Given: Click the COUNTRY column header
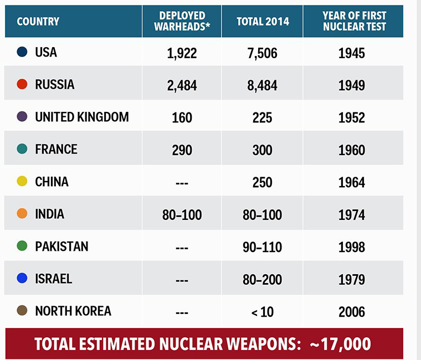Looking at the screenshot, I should [38, 22].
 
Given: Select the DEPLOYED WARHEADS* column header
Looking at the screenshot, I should [182, 21].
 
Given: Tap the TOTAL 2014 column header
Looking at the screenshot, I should [262, 22].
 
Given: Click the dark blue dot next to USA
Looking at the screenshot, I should [22, 52].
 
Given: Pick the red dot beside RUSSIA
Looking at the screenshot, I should [22, 84].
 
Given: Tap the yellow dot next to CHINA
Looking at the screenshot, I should [22, 182].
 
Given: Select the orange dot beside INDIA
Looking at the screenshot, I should [22, 214].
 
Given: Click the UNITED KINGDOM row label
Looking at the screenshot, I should [81, 117].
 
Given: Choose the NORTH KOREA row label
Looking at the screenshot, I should [73, 311].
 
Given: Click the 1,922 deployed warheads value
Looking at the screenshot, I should [182, 53].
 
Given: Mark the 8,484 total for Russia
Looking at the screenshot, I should [262, 86].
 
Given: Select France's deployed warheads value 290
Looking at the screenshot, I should [182, 150].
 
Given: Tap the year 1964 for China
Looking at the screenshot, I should [352, 183].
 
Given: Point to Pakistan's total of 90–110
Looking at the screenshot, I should [262, 247].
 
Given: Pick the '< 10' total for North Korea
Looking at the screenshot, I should [262, 312].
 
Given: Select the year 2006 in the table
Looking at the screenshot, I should [352, 312].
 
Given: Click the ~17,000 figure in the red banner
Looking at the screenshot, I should [340, 343].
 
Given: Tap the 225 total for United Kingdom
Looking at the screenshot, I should [262, 118].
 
